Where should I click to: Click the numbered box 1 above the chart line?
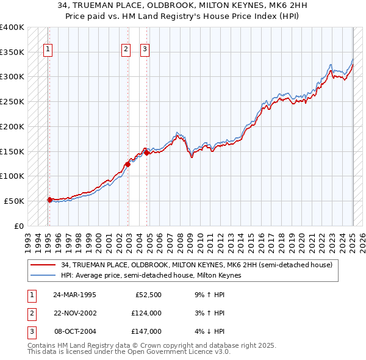48,50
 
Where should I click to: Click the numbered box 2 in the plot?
126,50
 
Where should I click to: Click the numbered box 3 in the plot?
145,50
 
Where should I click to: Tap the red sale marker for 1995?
49,199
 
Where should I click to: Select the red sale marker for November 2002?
128,164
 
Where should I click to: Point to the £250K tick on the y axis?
12,101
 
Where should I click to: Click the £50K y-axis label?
14,201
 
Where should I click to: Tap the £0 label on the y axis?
19,226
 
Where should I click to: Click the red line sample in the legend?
43,265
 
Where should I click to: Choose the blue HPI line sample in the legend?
43,275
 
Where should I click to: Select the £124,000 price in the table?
146,314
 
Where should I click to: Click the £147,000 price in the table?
146,332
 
